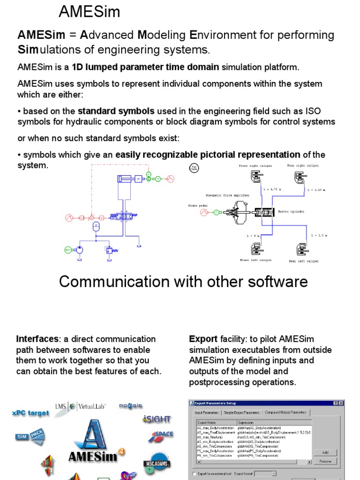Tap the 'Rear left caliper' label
(x=304, y=261)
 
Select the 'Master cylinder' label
(x=292, y=211)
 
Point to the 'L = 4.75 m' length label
(x=272, y=189)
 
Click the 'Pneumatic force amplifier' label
(x=227, y=195)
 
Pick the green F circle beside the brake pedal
(x=217, y=212)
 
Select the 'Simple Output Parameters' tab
(x=241, y=412)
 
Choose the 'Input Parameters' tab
(x=207, y=412)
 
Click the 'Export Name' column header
(x=206, y=422)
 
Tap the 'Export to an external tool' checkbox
(x=195, y=473)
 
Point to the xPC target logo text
(x=30, y=413)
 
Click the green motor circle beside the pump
(x=68, y=250)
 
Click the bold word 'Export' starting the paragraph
(x=203, y=339)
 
